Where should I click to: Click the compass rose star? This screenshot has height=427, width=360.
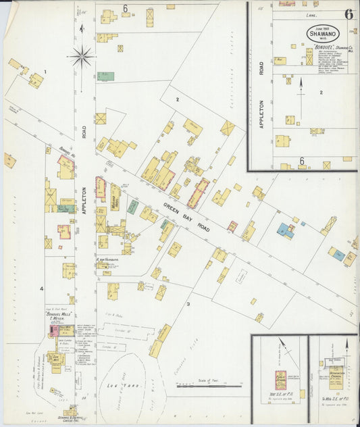82,56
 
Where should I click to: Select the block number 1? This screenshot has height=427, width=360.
45,71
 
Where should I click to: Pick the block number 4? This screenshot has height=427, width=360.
41,289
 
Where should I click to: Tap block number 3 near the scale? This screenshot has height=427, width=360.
188,303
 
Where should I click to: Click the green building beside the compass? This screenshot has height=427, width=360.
105,76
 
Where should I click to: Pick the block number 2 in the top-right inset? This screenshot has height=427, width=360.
321,92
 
